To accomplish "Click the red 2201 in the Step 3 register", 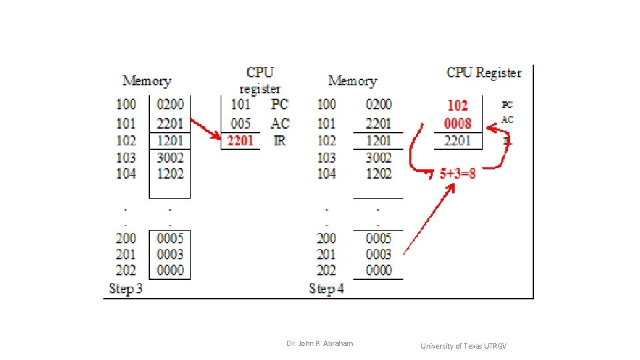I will [240, 141].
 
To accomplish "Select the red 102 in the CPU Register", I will [457, 105].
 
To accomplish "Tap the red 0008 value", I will [457, 123].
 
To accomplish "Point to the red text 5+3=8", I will [457, 173].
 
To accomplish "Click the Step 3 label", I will [125, 289].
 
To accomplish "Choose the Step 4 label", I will [326, 289].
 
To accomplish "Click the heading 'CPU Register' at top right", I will [484, 73].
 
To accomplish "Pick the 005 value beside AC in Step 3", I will [241, 123].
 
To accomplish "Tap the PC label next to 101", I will [279, 105].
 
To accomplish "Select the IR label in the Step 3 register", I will [279, 141].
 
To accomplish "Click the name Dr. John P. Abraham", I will [320, 343].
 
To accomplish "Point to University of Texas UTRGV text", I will [463, 346].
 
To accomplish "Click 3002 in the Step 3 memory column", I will [170, 157].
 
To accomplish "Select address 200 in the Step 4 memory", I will [326, 238].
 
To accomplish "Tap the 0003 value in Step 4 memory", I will [379, 254].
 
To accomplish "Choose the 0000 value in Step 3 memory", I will [170, 270].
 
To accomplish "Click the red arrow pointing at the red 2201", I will [206, 130].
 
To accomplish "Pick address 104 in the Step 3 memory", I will [126, 173].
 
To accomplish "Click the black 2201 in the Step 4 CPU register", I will [457, 141].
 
